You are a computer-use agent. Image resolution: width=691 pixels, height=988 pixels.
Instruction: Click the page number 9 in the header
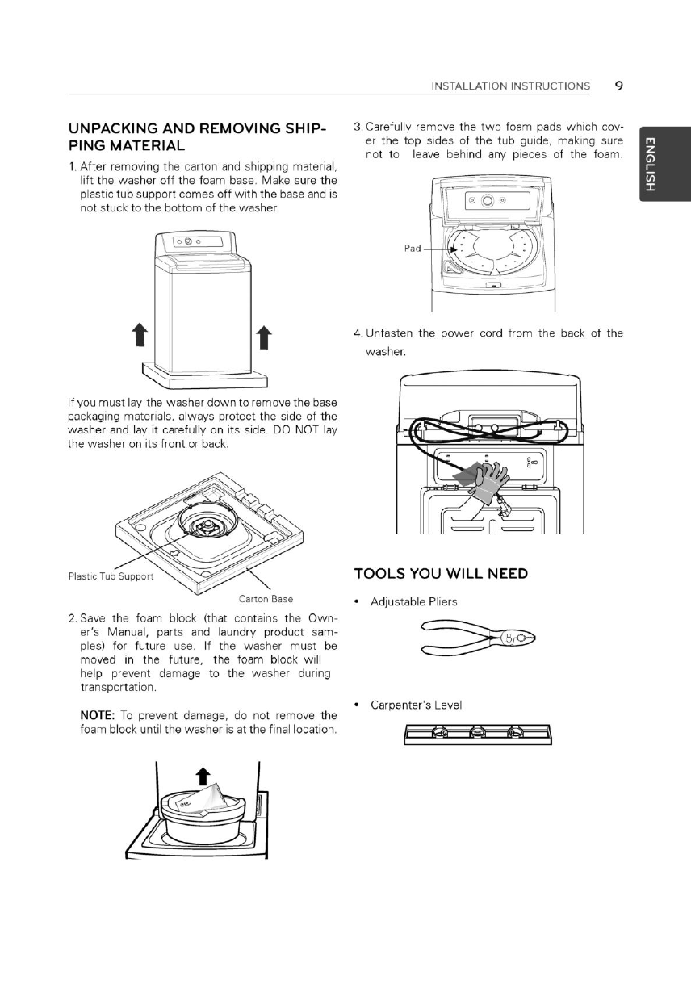point(617,85)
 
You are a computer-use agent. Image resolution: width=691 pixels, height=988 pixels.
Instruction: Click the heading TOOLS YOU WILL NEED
point(441,574)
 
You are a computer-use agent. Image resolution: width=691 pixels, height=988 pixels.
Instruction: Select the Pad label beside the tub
point(413,249)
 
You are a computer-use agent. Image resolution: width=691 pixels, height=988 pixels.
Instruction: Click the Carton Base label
point(265,600)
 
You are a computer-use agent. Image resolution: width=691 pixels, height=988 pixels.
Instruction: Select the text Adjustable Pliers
point(413,602)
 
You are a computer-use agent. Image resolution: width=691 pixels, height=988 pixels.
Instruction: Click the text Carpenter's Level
point(416,705)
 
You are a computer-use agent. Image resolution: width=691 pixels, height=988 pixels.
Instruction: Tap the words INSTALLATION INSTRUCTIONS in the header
point(511,86)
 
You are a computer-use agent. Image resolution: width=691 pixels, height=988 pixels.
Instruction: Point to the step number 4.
point(358,333)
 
